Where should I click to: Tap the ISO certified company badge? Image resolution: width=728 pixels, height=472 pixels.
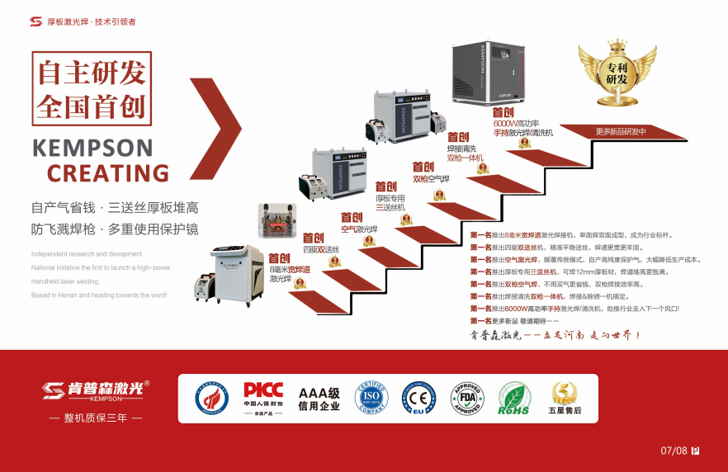(x=371, y=398)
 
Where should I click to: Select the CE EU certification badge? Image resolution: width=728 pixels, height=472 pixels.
(x=418, y=398)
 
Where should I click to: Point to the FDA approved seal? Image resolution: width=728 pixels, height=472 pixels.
(x=466, y=398)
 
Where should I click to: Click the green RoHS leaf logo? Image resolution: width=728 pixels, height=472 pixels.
(x=513, y=398)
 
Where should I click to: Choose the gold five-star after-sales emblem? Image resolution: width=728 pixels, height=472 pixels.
(x=565, y=398)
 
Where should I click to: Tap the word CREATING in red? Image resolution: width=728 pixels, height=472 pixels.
(x=108, y=173)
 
